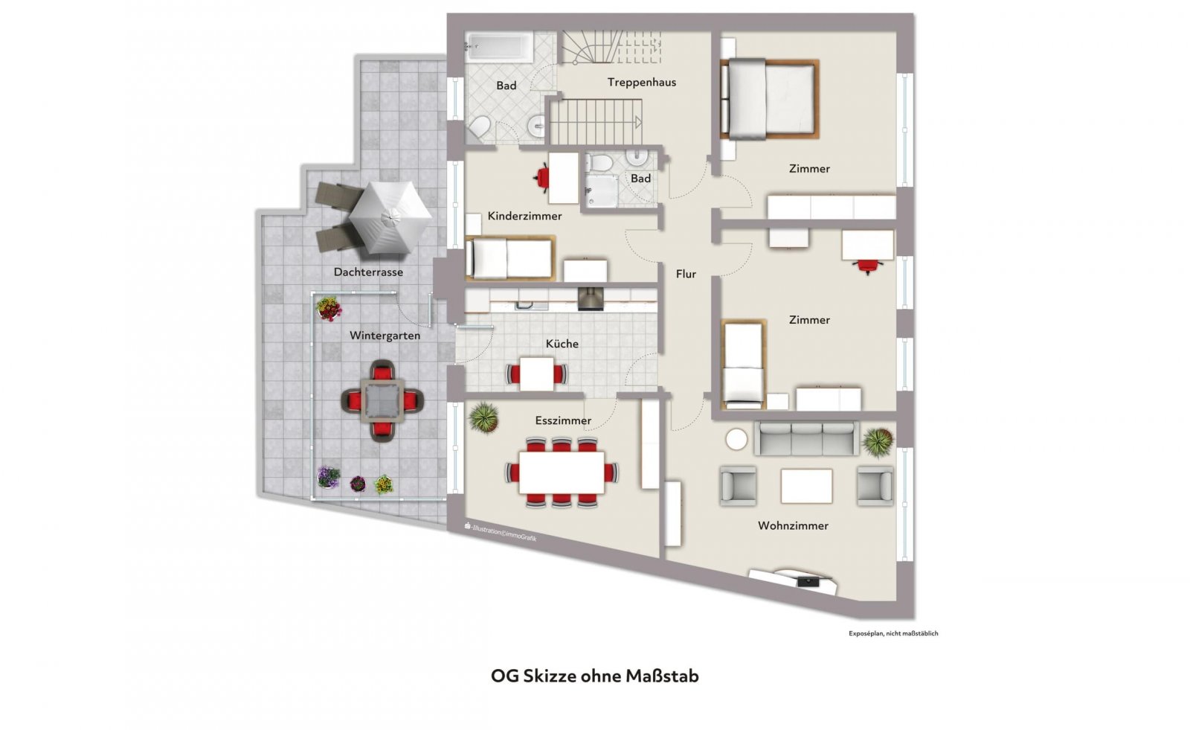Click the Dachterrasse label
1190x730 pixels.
[368, 272]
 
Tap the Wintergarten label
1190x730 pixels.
[385, 336]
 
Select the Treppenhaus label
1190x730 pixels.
[642, 83]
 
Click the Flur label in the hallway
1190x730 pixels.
[686, 274]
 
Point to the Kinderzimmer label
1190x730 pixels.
[524, 216]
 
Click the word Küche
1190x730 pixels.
[562, 344]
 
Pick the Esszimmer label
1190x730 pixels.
[563, 420]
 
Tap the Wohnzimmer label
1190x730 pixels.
[793, 526]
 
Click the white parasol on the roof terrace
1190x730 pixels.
[390, 217]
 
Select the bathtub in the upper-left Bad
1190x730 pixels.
[500, 46]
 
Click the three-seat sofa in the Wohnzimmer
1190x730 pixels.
[806, 438]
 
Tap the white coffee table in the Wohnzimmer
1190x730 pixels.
[806, 486]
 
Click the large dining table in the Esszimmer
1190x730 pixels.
[562, 473]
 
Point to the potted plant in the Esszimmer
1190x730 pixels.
[484, 417]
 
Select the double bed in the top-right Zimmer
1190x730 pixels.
[769, 99]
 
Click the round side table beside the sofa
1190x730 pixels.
[736, 440]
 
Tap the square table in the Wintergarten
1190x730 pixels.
[382, 400]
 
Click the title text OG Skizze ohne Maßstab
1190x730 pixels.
[595, 676]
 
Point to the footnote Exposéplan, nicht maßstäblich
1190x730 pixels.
[893, 633]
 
